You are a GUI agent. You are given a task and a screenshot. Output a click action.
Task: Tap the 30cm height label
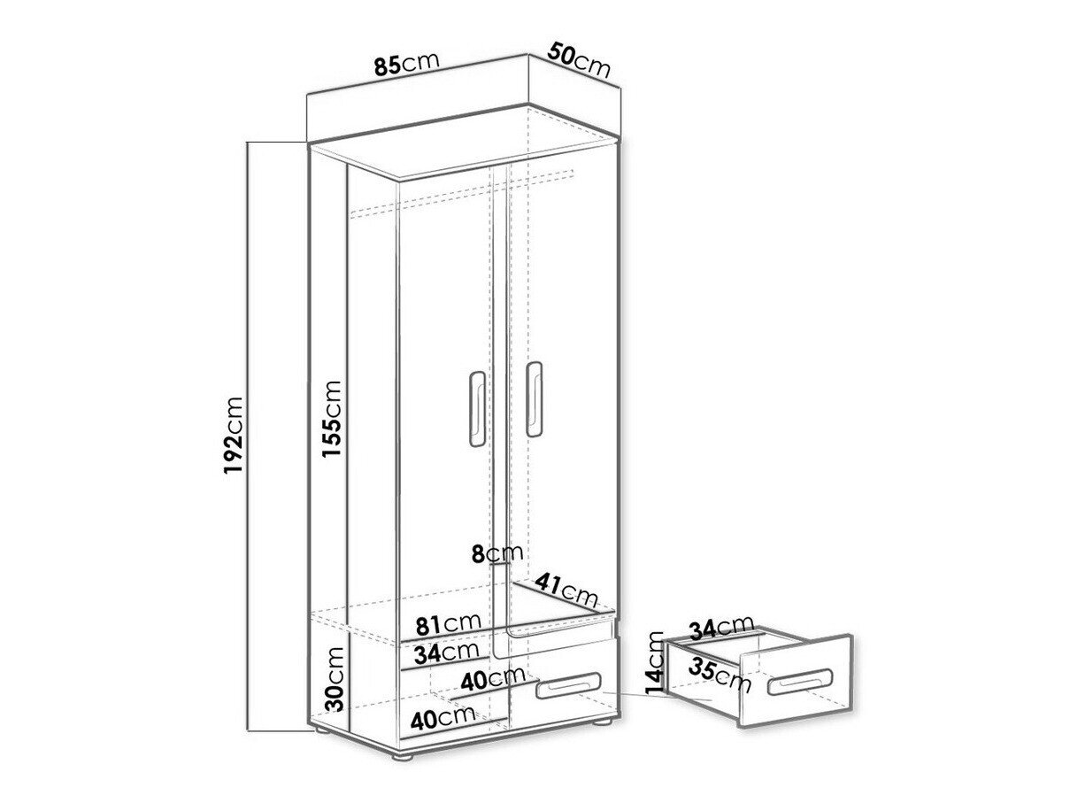(x=334, y=679)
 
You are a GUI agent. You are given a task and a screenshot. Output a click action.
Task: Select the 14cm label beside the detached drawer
(x=655, y=661)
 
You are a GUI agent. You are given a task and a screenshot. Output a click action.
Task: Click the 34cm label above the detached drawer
(x=721, y=629)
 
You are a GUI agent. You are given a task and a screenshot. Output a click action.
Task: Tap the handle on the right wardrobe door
(x=534, y=398)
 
